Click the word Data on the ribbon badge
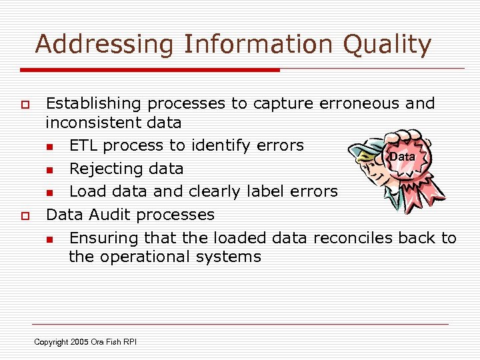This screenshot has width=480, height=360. click(402, 157)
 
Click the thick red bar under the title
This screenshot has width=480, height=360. click(150, 69)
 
